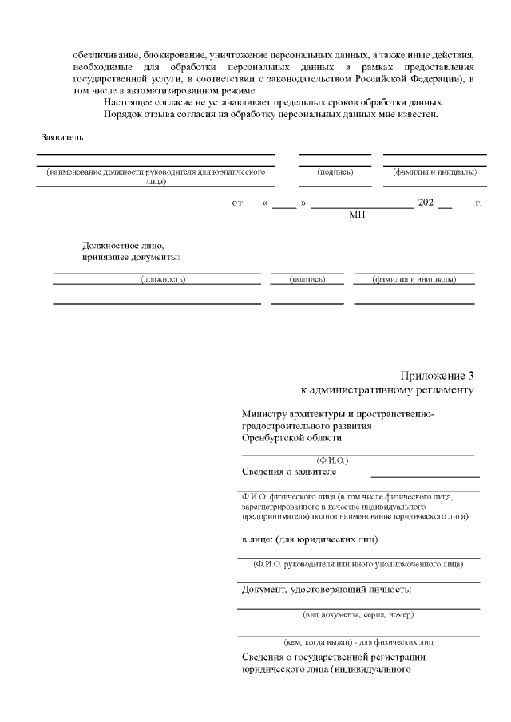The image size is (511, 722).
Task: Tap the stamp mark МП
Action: (357, 215)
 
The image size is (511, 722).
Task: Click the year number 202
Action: (425, 203)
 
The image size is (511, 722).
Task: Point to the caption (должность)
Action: (163, 280)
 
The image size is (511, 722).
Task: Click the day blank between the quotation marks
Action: (283, 204)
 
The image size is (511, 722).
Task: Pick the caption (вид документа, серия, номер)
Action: (358, 615)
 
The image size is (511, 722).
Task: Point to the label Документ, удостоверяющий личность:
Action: (327, 590)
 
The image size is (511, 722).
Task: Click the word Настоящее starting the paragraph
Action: (130, 104)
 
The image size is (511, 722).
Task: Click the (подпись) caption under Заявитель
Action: (335, 172)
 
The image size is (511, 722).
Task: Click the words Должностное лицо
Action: (123, 246)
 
